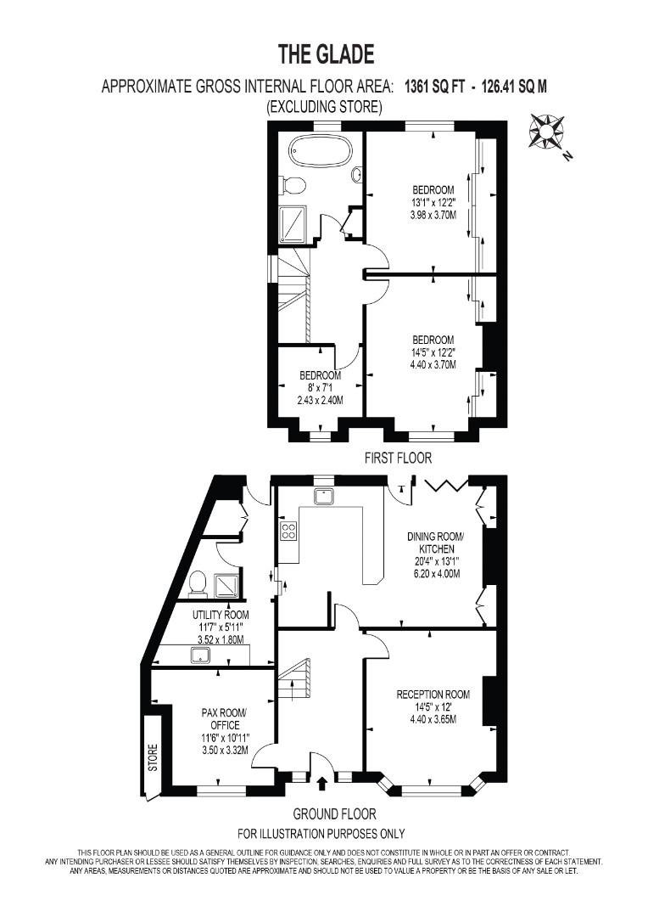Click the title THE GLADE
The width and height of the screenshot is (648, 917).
pos(326,54)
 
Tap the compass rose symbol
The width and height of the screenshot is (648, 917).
pos(547,132)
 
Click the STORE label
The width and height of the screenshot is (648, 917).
pos(153,757)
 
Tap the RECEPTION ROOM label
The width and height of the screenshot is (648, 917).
pos(433,695)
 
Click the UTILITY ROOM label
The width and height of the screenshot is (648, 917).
pos(221,615)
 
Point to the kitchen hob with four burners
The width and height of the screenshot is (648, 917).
pos(289,531)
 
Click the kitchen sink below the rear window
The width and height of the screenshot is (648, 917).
pos(323,497)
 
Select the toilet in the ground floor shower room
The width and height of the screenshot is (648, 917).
pos(198,582)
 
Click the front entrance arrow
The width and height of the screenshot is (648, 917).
pos(321,783)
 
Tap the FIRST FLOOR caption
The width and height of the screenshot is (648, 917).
pos(398,458)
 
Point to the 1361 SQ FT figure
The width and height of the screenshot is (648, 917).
pos(435,87)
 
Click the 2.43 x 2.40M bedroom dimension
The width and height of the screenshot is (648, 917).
pos(320,400)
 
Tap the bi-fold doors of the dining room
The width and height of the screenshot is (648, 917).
pos(446,485)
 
